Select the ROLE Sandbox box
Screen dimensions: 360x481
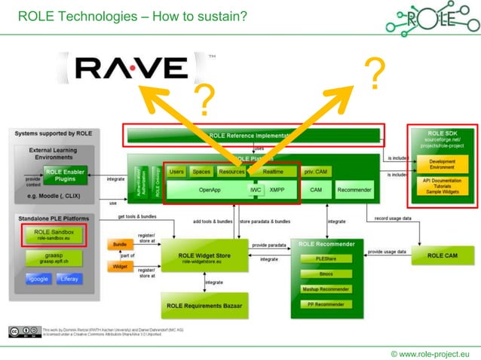[x=48, y=234]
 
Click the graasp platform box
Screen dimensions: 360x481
[x=48, y=258]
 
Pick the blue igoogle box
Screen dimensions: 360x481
[x=36, y=279]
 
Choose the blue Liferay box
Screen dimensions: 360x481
[x=69, y=279]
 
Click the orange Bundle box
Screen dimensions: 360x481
[x=120, y=245]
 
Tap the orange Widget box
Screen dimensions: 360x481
[x=120, y=266]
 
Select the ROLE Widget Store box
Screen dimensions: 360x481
[x=204, y=258]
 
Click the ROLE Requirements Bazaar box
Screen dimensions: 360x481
[x=204, y=305]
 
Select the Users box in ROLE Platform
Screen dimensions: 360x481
[x=176, y=172]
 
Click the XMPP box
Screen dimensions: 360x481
[x=277, y=191]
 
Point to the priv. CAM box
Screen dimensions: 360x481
[x=316, y=172]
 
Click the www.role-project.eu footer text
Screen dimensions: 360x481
[x=430, y=352]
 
